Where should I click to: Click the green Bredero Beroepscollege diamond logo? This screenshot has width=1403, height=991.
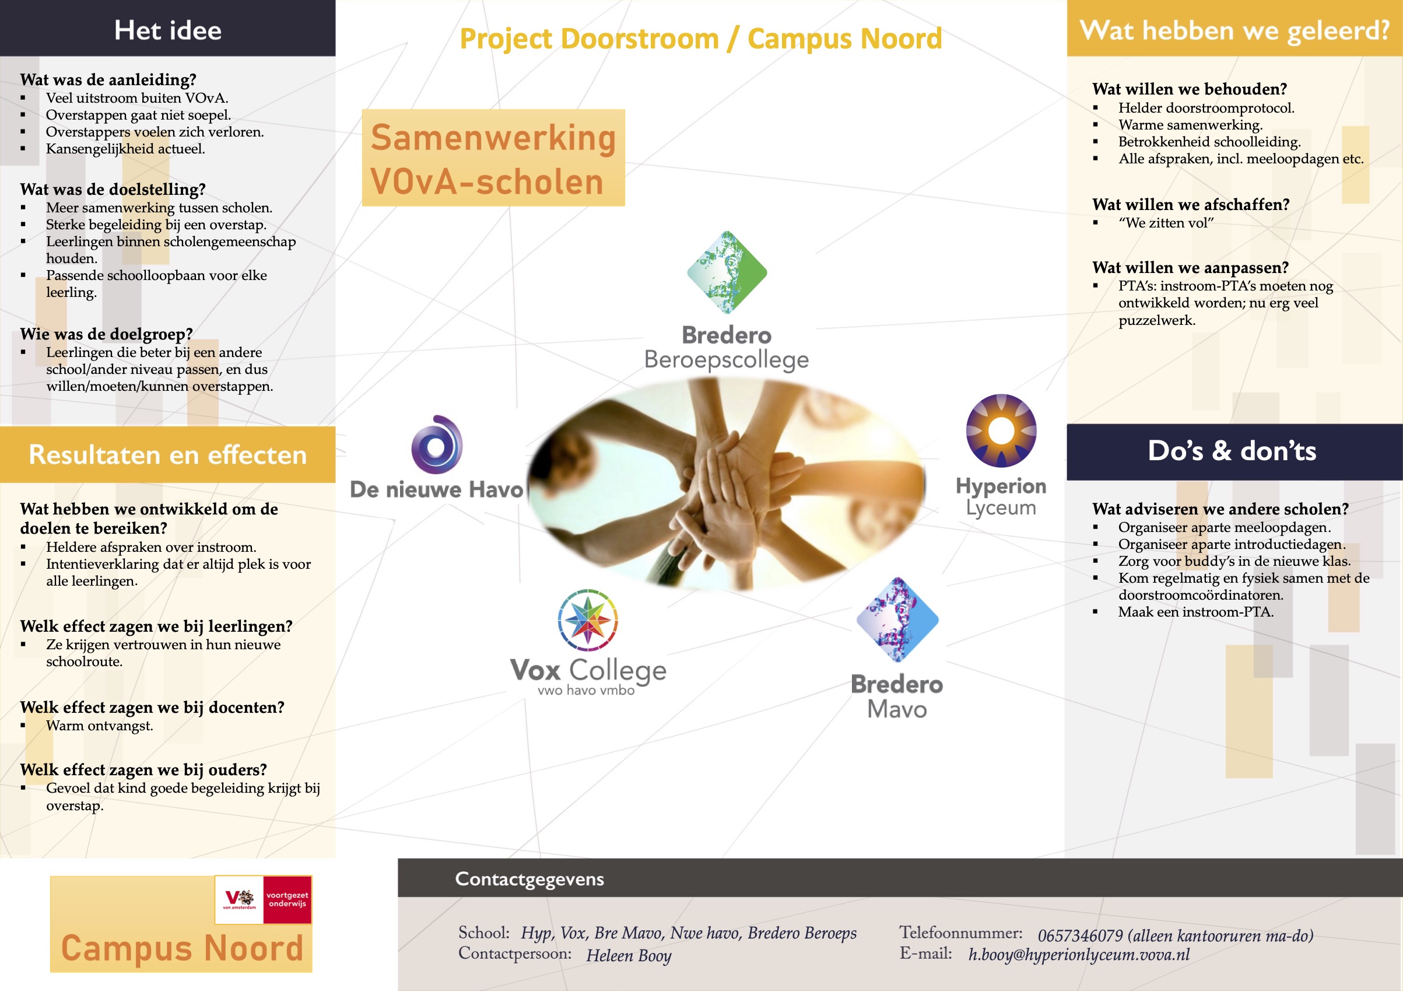[x=727, y=272]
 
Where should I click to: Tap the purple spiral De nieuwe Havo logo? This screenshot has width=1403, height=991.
[x=437, y=444]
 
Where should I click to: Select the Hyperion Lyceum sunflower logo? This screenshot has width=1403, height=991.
[x=1001, y=430]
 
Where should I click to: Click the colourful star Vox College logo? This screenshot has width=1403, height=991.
[x=588, y=620]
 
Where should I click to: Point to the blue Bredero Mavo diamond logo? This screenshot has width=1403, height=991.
[x=897, y=619]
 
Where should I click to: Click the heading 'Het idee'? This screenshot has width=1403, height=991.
[x=168, y=30]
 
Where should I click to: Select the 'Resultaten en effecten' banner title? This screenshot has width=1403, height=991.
[x=167, y=454]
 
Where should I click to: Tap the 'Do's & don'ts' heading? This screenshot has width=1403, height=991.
[x=1232, y=451]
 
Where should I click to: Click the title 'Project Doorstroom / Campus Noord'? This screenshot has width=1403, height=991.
[x=701, y=38]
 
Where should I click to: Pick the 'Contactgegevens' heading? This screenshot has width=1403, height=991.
[x=529, y=878]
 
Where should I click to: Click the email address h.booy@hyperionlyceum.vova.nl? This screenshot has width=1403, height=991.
[x=1079, y=954]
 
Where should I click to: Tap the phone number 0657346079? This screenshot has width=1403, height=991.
[x=1081, y=936]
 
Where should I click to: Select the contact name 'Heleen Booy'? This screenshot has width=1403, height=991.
[x=629, y=955]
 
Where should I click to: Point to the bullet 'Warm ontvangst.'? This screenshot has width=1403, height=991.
[x=100, y=726]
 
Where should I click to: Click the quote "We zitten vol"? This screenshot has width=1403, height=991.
[x=1166, y=223]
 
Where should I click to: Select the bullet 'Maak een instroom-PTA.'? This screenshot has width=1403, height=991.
[x=1196, y=612]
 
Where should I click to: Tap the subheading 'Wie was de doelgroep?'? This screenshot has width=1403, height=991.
[x=106, y=334]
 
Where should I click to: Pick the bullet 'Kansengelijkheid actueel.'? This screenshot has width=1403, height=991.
[x=125, y=149]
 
